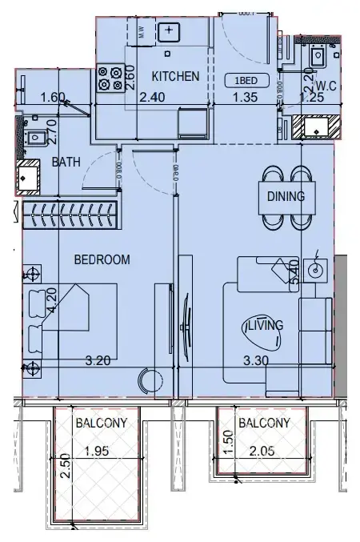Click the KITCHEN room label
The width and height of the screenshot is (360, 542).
click(175, 77)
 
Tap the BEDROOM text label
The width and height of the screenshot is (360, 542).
click(102, 259)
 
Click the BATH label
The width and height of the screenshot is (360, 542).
click(66, 162)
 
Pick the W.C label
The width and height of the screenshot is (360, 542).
click(324, 86)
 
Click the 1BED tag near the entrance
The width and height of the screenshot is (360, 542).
click(246, 79)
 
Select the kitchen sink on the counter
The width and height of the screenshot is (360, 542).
click(170, 32)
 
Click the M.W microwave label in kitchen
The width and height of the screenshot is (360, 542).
click(141, 33)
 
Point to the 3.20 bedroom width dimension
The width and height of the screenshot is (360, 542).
click(98, 360)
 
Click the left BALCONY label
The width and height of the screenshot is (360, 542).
click(98, 423)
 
